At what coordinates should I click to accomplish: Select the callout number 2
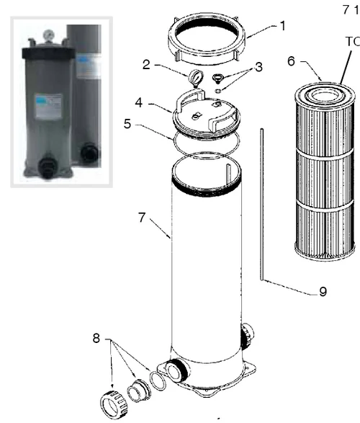point(146,65)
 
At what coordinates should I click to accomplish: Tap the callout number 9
point(323,291)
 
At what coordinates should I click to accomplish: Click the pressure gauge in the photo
point(45,34)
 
